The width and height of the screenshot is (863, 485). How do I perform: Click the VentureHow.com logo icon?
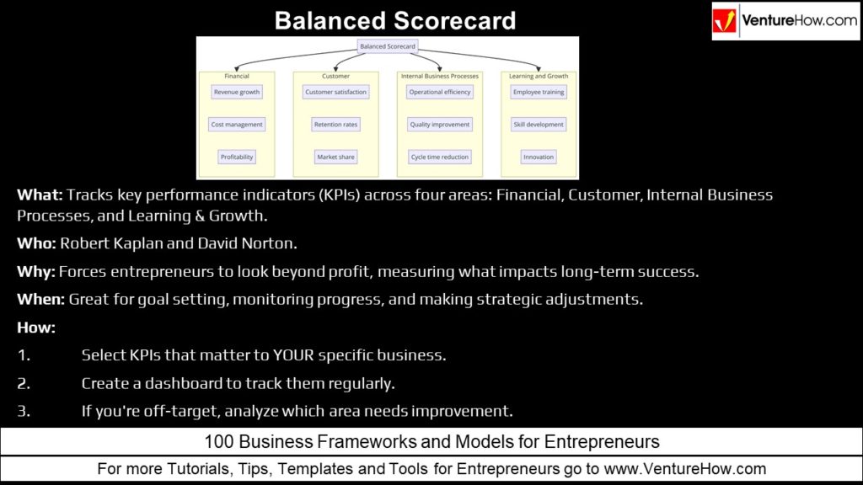(726, 21)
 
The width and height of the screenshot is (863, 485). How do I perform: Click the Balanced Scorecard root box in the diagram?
(388, 46)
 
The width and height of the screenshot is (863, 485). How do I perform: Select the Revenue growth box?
(237, 92)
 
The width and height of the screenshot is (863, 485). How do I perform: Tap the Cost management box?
(237, 125)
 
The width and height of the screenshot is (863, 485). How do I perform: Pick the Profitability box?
(237, 157)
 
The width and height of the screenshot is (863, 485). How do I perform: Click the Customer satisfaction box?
(335, 92)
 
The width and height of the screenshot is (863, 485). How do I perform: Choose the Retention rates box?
(335, 125)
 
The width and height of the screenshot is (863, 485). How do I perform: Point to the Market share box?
(335, 157)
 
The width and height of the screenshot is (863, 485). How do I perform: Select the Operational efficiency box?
(440, 92)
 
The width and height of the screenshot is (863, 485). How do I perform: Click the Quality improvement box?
(440, 125)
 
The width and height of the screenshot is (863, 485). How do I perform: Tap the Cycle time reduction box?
(440, 157)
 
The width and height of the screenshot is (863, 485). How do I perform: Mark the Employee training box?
(539, 92)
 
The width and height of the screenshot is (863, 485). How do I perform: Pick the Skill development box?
(539, 125)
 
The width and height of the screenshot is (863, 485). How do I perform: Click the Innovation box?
(539, 157)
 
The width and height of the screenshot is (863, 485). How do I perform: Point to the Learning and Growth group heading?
(539, 77)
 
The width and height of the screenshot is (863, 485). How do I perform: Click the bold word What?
(40, 195)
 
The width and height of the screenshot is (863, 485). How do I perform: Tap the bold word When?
(40, 299)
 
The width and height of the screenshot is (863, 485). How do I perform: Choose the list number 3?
(24, 411)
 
